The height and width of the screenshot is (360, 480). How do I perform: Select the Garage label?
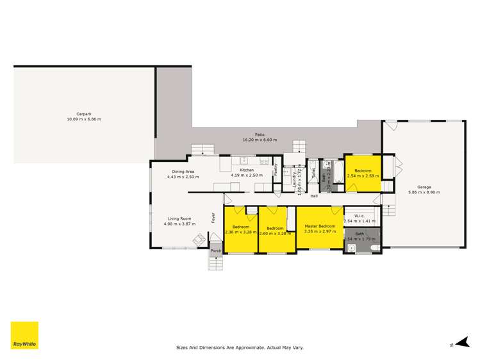tap(424, 188)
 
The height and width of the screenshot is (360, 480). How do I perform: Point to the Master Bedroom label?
tap(320, 227)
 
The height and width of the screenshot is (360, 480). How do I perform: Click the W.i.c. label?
tap(359, 216)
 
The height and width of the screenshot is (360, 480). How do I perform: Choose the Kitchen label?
tap(247, 170)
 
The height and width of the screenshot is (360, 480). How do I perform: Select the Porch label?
tap(215, 250)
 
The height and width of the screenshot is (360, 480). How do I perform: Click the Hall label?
tap(314, 196)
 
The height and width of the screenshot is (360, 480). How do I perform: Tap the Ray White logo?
tap(24, 335)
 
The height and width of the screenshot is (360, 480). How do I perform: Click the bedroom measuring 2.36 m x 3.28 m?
tap(240, 230)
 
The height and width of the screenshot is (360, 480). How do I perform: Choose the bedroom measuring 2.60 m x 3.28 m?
tap(276, 230)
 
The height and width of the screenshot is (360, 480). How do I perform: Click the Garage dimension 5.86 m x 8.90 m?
tap(424, 192)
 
